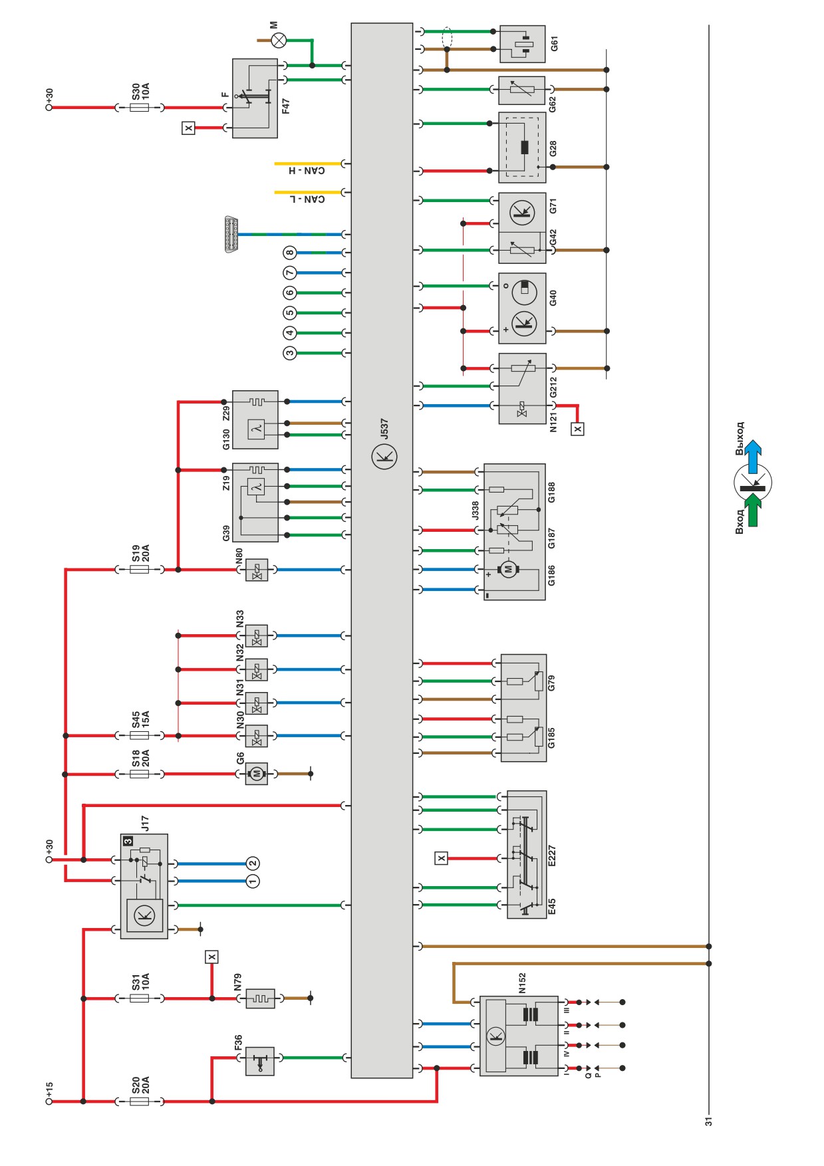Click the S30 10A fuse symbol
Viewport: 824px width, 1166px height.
140,107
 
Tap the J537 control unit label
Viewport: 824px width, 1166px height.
384,428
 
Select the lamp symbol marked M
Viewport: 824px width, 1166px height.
279,41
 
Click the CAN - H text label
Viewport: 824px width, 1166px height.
307,171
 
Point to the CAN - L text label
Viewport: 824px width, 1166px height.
307,199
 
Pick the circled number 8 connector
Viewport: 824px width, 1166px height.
289,253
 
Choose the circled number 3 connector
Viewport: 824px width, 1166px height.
289,353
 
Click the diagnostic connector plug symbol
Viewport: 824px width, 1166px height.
232,234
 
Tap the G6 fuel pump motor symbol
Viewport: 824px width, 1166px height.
257,774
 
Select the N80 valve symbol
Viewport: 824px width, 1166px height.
257,570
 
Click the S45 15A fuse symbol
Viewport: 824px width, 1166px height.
140,736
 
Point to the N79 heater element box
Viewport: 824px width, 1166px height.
260,998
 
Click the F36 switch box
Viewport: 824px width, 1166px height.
259,1061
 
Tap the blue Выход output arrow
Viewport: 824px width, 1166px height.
753,456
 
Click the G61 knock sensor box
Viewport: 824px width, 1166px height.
522,44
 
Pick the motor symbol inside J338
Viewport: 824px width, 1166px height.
509,569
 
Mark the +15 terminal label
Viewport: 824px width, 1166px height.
49,1090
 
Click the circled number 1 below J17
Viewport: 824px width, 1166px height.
253,881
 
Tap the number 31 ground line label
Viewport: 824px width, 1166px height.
709,1121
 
